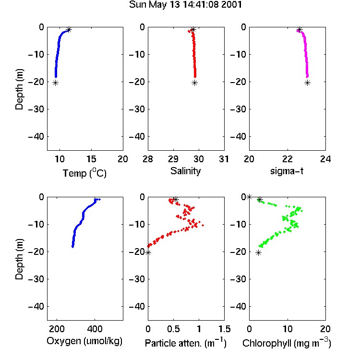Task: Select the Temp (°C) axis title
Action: click(x=84, y=173)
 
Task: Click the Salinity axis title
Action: click(x=185, y=171)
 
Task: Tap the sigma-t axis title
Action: click(x=287, y=171)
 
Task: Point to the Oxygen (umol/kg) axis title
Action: click(x=84, y=341)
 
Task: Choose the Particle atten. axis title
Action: click(x=185, y=343)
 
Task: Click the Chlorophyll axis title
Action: click(x=287, y=343)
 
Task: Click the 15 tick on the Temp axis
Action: click(x=91, y=159)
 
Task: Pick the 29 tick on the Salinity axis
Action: click(x=173, y=159)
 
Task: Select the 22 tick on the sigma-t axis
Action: click(x=288, y=159)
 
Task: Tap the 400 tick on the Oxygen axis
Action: click(x=95, y=329)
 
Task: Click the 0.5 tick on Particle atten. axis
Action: click(x=173, y=329)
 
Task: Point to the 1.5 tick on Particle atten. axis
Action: click(x=225, y=329)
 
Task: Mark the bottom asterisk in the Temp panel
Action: click(x=55, y=83)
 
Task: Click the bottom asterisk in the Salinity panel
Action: click(x=195, y=83)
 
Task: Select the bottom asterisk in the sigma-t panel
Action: click(x=307, y=83)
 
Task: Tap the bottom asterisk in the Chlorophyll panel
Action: click(x=259, y=253)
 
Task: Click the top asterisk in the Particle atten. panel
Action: click(x=176, y=199)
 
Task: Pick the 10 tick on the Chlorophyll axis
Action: click(x=288, y=329)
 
